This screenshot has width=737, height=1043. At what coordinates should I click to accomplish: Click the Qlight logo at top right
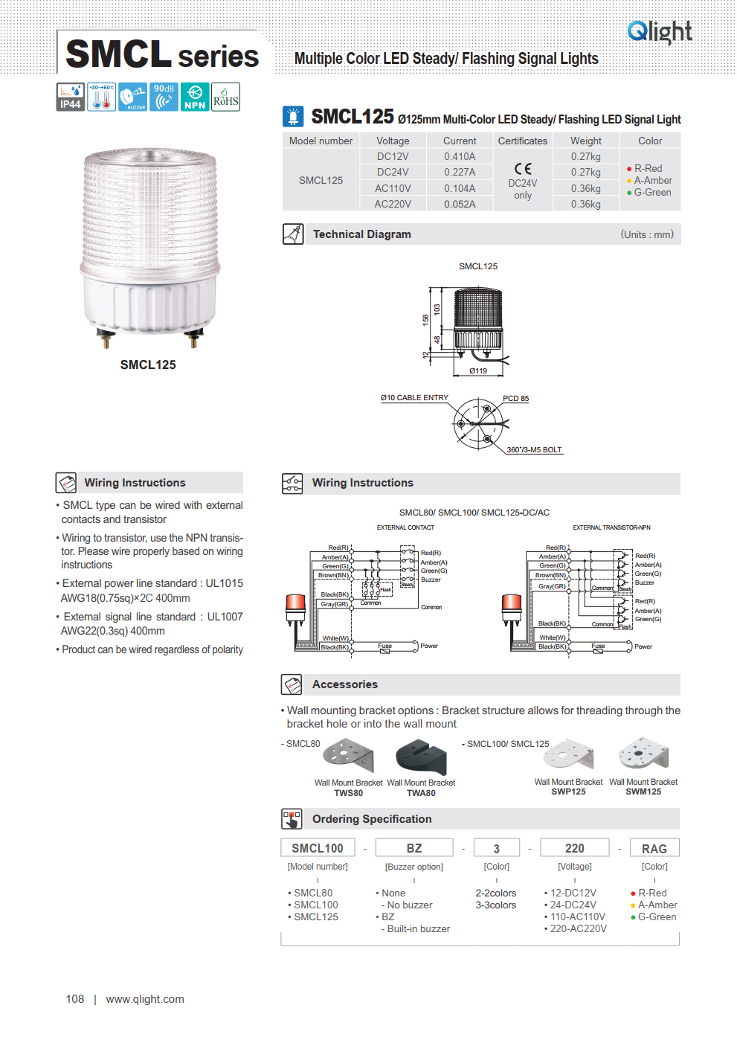pyautogui.click(x=659, y=31)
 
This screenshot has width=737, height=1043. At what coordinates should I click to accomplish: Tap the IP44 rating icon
pyautogui.click(x=71, y=97)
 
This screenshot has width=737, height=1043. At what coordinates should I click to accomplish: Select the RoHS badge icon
pyautogui.click(x=225, y=97)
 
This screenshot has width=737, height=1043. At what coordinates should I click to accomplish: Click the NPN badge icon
pyautogui.click(x=195, y=97)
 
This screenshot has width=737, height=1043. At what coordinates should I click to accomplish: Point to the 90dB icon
pyautogui.click(x=164, y=97)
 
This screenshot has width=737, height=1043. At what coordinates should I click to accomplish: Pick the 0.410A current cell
pyautogui.click(x=460, y=157)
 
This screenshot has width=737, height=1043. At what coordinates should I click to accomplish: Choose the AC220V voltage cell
pyautogui.click(x=393, y=204)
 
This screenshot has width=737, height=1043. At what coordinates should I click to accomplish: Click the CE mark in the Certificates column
pyautogui.click(x=523, y=169)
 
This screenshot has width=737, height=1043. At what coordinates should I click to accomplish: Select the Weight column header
pyautogui.click(x=586, y=141)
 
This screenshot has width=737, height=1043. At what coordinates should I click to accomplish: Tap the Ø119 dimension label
pyautogui.click(x=478, y=370)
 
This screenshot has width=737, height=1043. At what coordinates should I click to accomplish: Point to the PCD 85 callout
pyautogui.click(x=515, y=399)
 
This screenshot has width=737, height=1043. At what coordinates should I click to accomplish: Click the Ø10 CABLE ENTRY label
pyautogui.click(x=414, y=398)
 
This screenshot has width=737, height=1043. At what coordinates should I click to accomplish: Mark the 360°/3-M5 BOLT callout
pyautogui.click(x=534, y=450)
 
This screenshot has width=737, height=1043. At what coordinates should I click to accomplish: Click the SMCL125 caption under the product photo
pyautogui.click(x=148, y=365)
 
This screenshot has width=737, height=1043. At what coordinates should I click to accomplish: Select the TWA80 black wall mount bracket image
pyautogui.click(x=421, y=757)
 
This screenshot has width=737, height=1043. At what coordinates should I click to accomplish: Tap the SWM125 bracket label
pyautogui.click(x=643, y=792)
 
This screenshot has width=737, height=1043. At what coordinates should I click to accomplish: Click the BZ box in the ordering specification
pyautogui.click(x=414, y=848)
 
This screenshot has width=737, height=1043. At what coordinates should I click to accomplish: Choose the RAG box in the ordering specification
pyautogui.click(x=654, y=849)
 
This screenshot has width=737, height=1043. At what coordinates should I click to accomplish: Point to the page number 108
pyautogui.click(x=75, y=999)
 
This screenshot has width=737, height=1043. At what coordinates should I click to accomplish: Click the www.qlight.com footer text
pyautogui.click(x=145, y=999)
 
